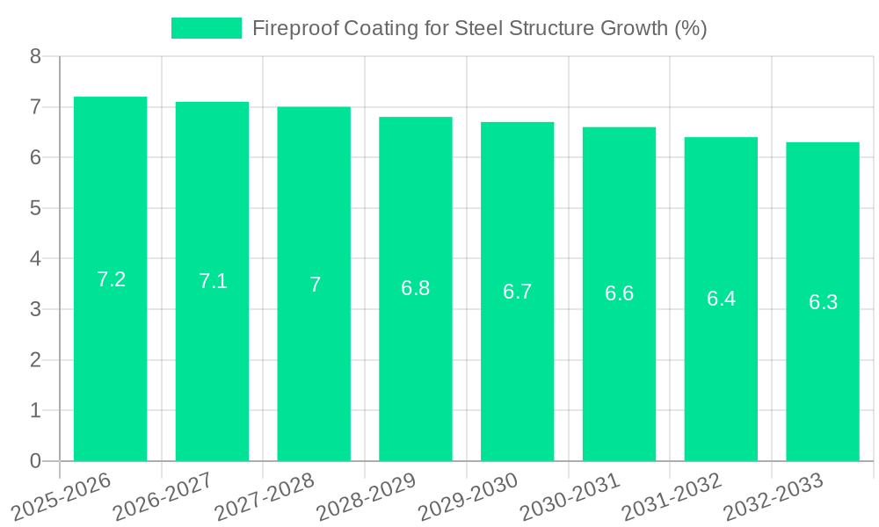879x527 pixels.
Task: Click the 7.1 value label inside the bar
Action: [213, 281]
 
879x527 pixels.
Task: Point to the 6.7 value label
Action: [517, 292]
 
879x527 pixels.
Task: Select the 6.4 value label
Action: [721, 299]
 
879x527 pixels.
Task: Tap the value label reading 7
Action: [315, 285]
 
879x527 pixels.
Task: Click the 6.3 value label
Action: [823, 302]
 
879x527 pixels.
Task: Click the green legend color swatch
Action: [206, 28]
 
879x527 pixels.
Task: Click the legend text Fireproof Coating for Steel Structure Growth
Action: [479, 28]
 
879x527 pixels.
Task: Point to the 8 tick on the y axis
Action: [35, 56]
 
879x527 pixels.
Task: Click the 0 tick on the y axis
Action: [35, 461]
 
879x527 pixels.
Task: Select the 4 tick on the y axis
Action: [35, 259]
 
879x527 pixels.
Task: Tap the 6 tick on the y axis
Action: [35, 157]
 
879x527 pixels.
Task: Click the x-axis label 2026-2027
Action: [162, 497]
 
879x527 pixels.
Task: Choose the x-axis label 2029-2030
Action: [467, 497]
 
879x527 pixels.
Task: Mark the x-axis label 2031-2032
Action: [671, 497]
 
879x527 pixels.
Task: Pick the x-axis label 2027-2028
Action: [264, 497]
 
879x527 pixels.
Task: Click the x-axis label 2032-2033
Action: [773, 497]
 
